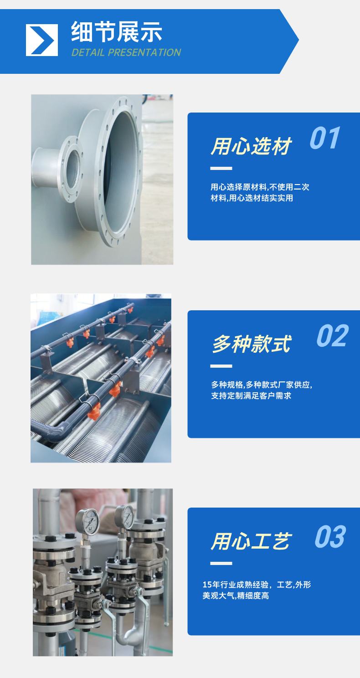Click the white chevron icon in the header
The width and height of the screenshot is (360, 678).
[42, 40]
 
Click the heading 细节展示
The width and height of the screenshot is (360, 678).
[117, 32]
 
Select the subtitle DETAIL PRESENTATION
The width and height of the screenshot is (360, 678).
[126, 52]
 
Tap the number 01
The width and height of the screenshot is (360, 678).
[325, 138]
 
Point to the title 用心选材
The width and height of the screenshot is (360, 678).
[251, 146]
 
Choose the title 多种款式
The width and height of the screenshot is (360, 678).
[252, 344]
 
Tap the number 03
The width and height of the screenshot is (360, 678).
[330, 537]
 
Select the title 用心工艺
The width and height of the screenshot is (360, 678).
[251, 541]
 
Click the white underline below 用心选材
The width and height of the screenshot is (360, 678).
[221, 168]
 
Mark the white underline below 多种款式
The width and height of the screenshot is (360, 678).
[221, 366]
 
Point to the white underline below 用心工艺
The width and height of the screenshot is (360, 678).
[221, 563]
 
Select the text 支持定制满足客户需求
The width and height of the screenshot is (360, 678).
[251, 395]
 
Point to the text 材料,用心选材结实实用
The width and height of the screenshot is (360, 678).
[252, 198]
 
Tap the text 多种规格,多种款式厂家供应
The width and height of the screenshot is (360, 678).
[262, 385]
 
